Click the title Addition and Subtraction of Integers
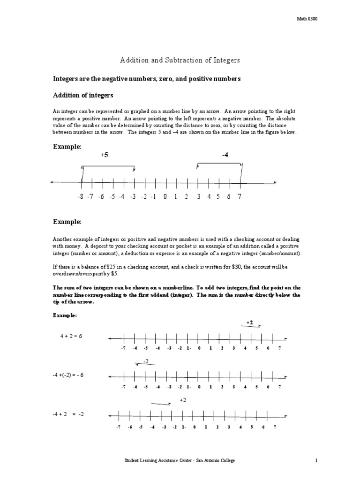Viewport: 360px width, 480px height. pos(180,61)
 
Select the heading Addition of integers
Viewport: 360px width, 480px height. pos(82,95)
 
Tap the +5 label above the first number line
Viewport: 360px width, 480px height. pos(104,155)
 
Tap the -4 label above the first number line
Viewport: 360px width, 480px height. pos(225,155)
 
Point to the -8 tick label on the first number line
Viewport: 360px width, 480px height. pos(80,197)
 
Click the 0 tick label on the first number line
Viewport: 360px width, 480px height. pos(165,197)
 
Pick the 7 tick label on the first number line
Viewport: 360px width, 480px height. pos(240,197)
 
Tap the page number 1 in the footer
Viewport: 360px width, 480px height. pos(317,461)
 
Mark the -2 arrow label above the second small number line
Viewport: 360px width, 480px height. pos(146,360)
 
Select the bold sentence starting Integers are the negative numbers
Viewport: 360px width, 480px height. pos(146,79)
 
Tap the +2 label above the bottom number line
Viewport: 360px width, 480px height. pos(183,399)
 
